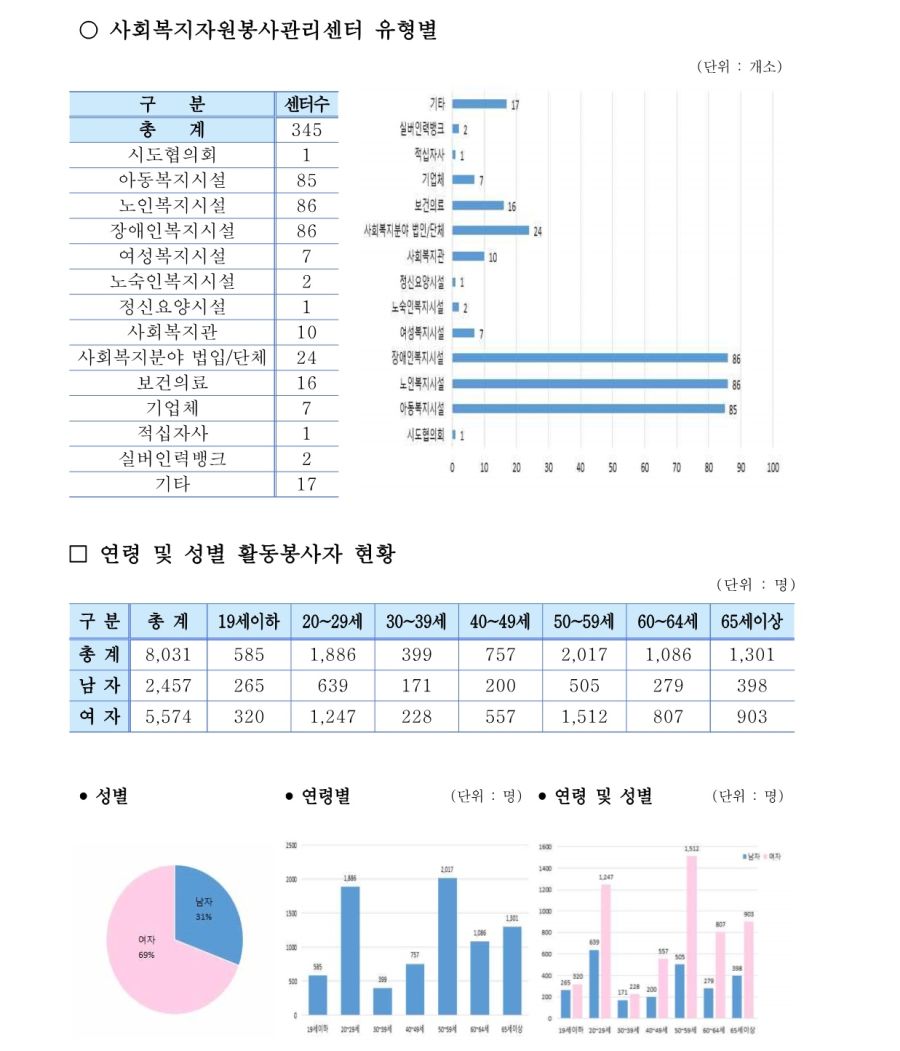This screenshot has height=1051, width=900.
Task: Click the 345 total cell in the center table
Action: coord(306,130)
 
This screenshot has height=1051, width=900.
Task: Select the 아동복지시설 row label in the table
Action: coord(172,180)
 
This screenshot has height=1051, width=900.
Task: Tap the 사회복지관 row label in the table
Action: coord(172,332)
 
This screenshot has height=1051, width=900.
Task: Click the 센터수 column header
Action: coord(306,104)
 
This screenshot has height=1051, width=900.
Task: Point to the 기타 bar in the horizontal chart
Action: coord(480,104)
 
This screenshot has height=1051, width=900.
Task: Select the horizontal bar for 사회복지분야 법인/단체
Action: coord(491,230)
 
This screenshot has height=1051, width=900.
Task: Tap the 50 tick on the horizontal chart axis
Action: coord(613,467)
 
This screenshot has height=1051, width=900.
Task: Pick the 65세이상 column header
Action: coord(752,621)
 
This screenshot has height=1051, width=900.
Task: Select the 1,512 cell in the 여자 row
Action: coord(584,716)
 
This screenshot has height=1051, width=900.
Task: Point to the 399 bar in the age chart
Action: coord(382,1001)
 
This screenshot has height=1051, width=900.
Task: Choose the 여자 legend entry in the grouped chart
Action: coord(774,857)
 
